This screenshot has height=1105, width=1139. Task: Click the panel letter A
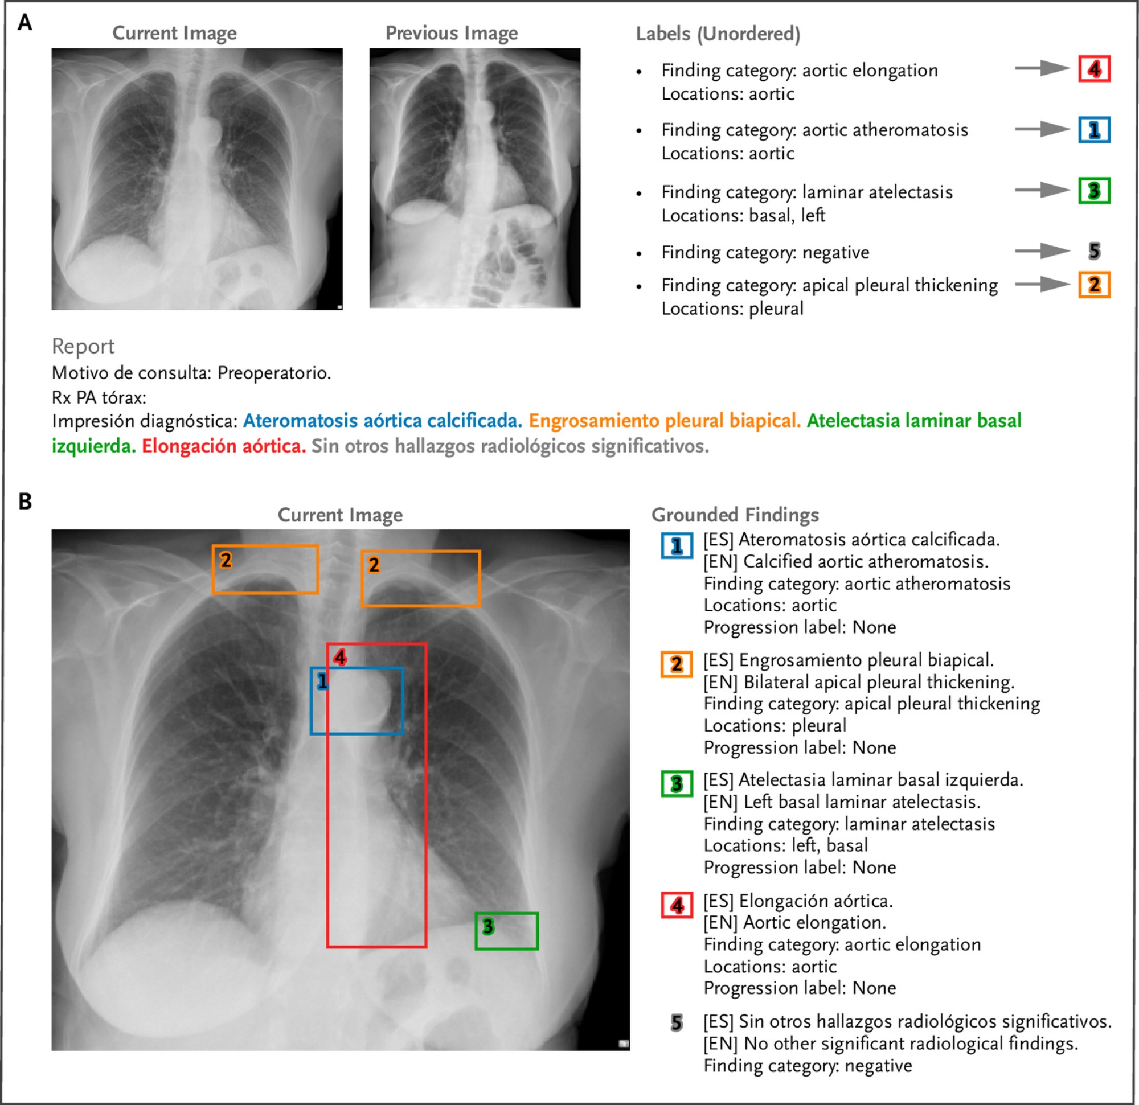[x=24, y=23]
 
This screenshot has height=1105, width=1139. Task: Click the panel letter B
[x=25, y=502]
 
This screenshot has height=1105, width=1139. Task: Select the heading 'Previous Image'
[x=452, y=33]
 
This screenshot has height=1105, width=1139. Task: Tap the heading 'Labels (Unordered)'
[x=718, y=34]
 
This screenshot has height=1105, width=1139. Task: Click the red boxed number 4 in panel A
[x=1094, y=69]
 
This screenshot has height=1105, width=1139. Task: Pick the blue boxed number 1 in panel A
[x=1094, y=130]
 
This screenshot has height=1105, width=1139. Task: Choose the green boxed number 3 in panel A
[x=1094, y=191]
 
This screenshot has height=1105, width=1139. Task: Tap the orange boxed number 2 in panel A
[x=1094, y=285]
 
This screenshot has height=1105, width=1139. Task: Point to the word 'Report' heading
[x=83, y=346]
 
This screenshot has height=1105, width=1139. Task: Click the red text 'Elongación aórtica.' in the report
[x=224, y=446]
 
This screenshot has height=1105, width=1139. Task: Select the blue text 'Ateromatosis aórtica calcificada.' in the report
[x=382, y=421]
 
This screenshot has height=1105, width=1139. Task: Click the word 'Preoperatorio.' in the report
[x=274, y=373]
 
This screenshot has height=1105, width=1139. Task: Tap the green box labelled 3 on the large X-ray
[x=507, y=931]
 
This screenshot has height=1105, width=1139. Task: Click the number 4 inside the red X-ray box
[x=340, y=658]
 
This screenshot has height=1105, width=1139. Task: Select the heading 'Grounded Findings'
[x=735, y=515]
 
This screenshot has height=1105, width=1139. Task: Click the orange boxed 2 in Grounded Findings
[x=677, y=664]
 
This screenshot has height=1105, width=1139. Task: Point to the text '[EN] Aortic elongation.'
[x=795, y=923]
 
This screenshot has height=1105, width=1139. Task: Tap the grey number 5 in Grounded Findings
[x=677, y=1022]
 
